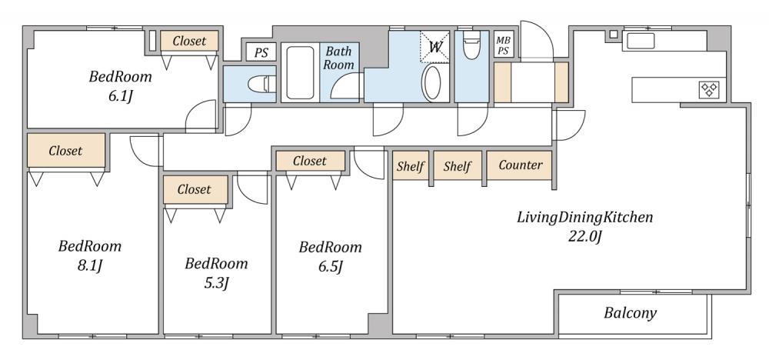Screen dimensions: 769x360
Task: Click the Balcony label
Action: pyautogui.click(x=630, y=313)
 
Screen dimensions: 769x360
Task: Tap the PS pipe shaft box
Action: pyautogui.click(x=261, y=52)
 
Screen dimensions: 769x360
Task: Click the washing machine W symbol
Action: pyautogui.click(x=434, y=47)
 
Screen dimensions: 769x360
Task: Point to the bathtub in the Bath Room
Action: pyautogui.click(x=300, y=73)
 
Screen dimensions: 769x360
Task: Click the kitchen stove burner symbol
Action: pyautogui.click(x=709, y=89)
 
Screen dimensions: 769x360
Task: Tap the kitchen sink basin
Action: pyautogui.click(x=641, y=41)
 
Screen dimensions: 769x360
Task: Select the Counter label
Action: pyautogui.click(x=521, y=165)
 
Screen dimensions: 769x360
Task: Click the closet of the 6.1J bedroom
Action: pyautogui.click(x=189, y=42)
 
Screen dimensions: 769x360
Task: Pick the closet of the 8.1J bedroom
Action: pyautogui.click(x=65, y=151)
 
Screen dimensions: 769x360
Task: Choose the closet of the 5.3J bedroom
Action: pyautogui.click(x=195, y=190)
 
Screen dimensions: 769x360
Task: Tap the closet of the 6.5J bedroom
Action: pyautogui.click(x=310, y=161)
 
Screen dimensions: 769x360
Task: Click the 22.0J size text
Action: pyautogui.click(x=584, y=237)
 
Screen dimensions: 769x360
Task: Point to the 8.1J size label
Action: pyautogui.click(x=90, y=266)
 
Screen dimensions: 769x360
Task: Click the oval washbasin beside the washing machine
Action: pyautogui.click(x=432, y=83)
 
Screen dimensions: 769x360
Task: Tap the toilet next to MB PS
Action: pyautogui.click(x=472, y=45)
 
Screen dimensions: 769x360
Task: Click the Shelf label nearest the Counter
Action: pyautogui.click(x=457, y=166)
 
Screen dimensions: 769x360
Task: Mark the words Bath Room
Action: pyautogui.click(x=339, y=58)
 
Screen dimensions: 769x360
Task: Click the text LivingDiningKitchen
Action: pyautogui.click(x=584, y=217)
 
